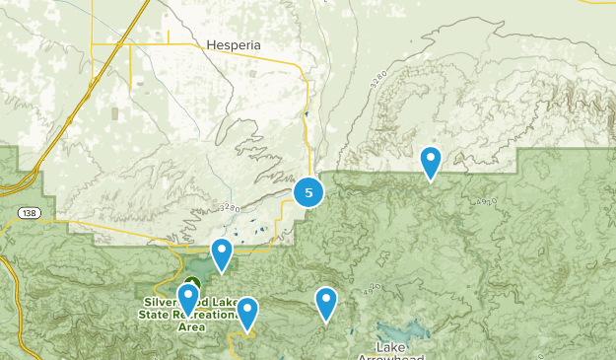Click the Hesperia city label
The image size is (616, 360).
click(234, 44)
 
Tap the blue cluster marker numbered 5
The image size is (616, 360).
click(308, 192)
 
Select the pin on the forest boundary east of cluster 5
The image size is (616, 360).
click(430, 162)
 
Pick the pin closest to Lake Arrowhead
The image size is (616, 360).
click(326, 303)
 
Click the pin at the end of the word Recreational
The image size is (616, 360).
click(246, 313)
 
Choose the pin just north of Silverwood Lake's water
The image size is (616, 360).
click(222, 254)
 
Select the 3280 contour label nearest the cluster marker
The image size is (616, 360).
click(230, 208)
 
